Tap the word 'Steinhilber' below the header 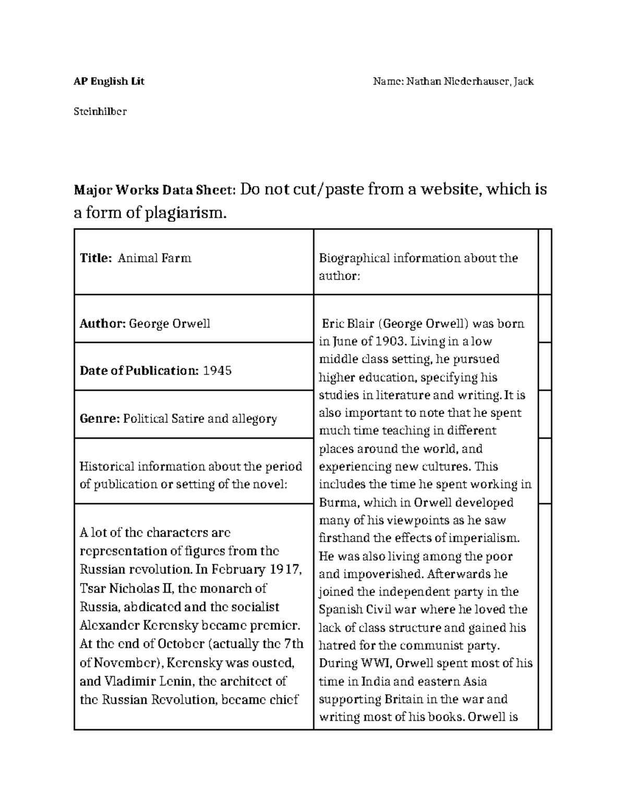tap(100, 112)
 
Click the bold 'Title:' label tap(95, 258)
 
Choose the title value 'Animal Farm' tap(154, 258)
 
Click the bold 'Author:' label tap(102, 324)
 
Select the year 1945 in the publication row tap(217, 371)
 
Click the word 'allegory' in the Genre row tap(256, 419)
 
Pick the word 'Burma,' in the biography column tap(339, 503)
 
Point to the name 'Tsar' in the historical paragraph tap(93, 589)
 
